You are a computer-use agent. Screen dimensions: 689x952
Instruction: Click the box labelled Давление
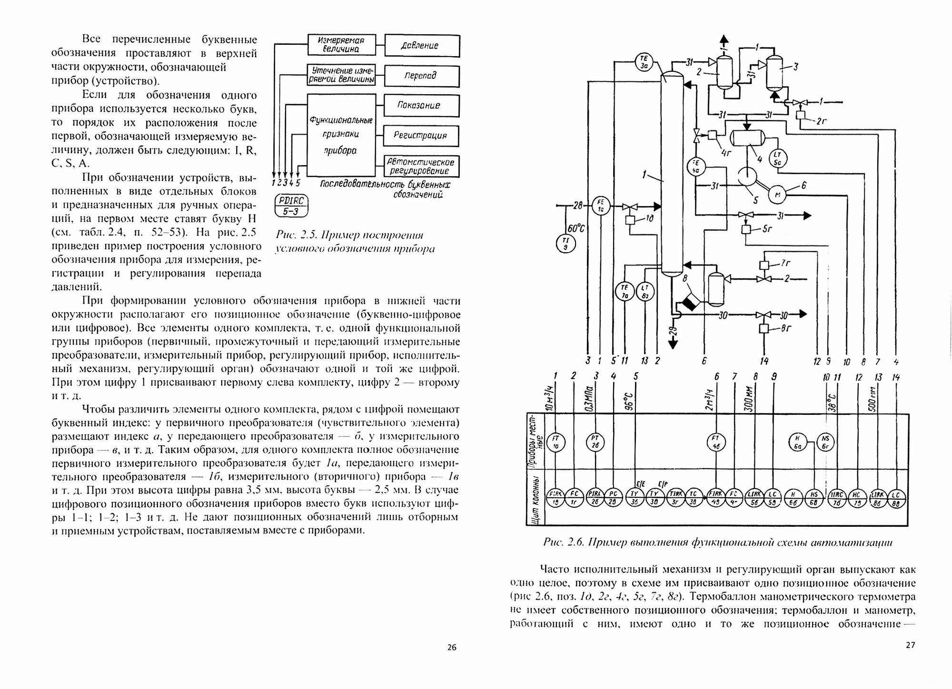click(x=422, y=46)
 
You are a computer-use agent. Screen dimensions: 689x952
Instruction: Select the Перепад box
click(x=422, y=76)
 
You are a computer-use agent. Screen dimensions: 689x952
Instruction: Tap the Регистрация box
click(x=422, y=136)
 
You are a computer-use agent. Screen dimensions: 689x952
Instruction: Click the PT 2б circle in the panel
click(x=595, y=443)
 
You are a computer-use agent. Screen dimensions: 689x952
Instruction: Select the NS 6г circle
click(x=826, y=443)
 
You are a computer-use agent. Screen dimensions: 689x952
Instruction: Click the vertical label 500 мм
click(x=873, y=399)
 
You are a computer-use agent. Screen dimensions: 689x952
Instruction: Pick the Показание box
click(x=422, y=106)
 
